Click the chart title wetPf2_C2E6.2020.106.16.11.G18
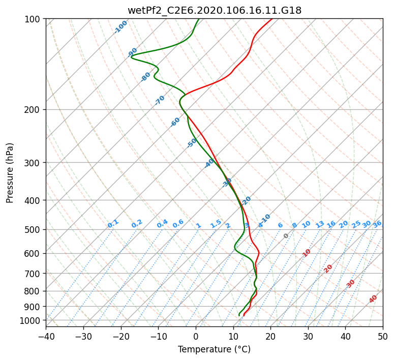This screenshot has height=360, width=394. pos(214,10)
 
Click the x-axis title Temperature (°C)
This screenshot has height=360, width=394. pos(214,349)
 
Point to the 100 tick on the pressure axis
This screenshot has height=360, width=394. pos(34,19)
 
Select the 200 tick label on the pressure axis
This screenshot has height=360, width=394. pos(34,109)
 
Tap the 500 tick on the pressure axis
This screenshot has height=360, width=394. pos(34,229)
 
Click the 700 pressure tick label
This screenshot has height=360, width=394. pos(34,274)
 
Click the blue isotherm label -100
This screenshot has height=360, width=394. pos(121,27)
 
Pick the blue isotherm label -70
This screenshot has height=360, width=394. pos(160,100)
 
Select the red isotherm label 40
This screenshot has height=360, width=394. pos(373,299)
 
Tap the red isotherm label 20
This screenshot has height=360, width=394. pos(328,268)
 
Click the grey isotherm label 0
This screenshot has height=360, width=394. pos(286,236)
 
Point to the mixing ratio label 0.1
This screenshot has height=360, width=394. pos(113,224)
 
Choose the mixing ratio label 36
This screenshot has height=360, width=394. pos(377,224)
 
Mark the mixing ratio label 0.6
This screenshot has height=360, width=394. pos(178,224)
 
